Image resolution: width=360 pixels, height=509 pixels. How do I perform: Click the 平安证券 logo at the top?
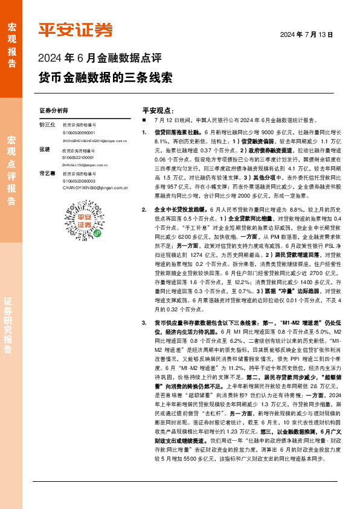point(76,30)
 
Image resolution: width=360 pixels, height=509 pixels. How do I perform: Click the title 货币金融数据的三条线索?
point(105,78)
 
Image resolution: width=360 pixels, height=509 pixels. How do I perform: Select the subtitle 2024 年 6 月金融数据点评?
point(100,59)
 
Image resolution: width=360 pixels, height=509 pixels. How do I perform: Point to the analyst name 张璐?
point(44,149)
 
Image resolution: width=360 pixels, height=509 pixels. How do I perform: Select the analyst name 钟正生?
point(47,125)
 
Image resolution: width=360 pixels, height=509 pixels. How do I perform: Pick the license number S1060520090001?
point(79,132)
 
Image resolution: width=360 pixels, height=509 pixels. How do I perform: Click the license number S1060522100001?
point(79,157)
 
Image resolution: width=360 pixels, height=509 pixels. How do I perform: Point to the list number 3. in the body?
point(144,323)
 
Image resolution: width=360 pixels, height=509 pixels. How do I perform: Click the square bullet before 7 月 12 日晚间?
point(144,120)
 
